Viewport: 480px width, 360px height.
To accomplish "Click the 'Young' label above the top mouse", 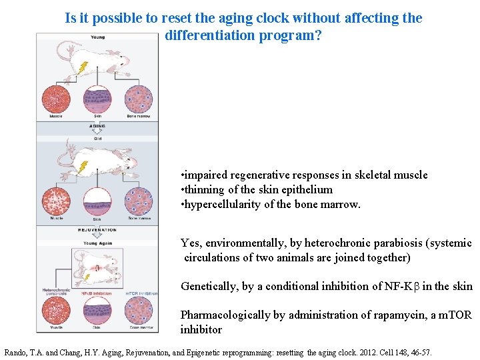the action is (97, 37).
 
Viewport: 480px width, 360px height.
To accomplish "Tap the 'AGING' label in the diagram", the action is (97, 125).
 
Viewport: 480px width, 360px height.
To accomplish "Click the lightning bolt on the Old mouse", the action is (83, 169).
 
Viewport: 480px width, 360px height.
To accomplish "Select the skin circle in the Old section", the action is (97, 200).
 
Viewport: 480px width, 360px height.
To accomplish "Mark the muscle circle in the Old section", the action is (57, 200).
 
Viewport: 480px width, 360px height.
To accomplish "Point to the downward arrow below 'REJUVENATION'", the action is (97, 237).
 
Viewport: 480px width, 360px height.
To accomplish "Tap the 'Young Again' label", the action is (97, 243).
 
